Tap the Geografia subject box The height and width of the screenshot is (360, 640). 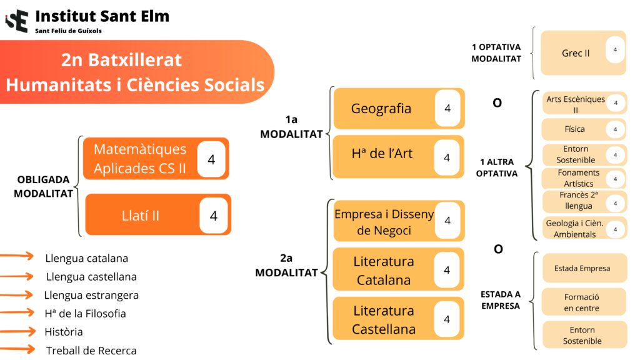coord(382,109)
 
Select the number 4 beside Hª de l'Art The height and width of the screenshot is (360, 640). coord(447,157)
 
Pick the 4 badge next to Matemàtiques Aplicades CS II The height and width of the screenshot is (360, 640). coord(211,159)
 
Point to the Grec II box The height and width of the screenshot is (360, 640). coord(576,53)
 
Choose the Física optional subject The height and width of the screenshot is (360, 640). coord(574,129)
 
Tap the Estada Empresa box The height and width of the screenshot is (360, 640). coord(582,269)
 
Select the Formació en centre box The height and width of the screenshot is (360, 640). coord(582,302)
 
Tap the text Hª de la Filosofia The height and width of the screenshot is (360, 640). coord(85,313)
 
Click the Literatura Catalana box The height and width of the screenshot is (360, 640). coord(384,270)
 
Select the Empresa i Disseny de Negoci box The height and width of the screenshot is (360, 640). coord(384,222)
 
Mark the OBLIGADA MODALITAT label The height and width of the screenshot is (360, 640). coord(44,186)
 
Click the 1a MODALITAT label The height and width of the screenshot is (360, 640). coord(291,126)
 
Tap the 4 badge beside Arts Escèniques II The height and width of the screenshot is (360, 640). coord(616,103)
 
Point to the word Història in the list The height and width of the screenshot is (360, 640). coord(64,332)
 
